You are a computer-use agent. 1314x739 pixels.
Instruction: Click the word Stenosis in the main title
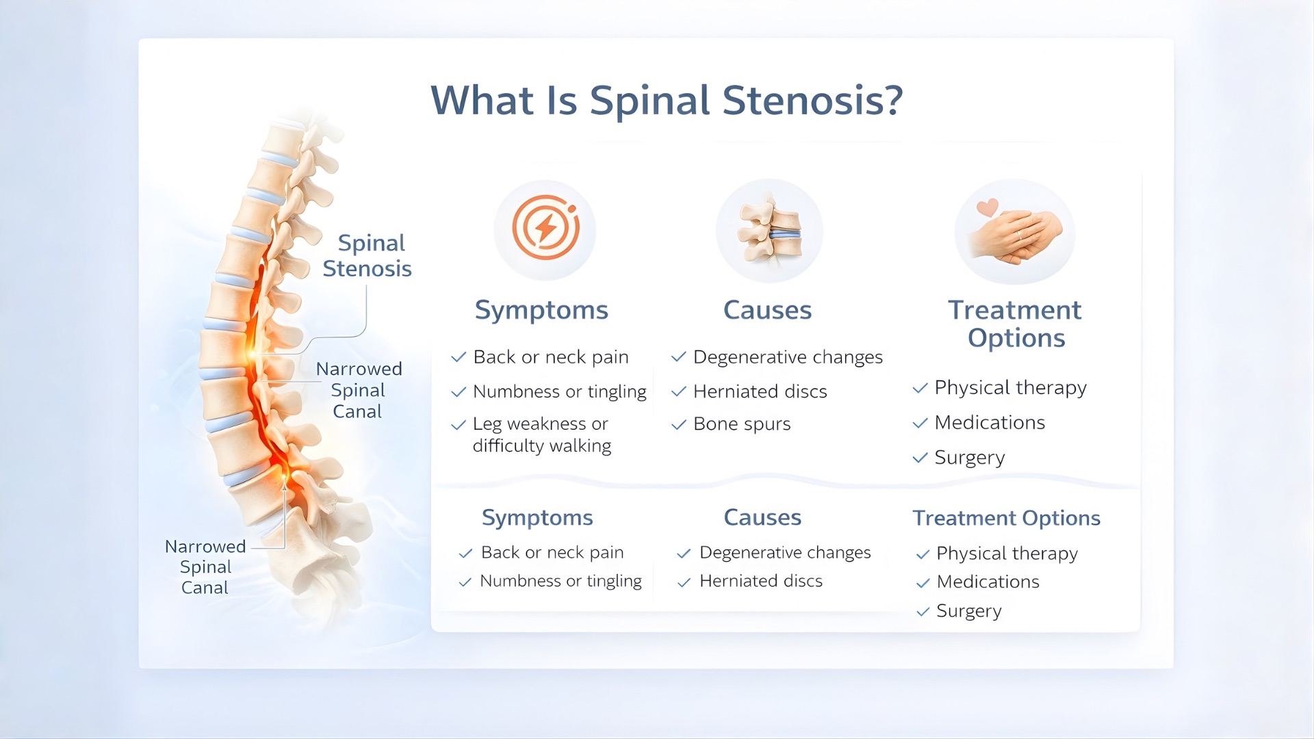click(812, 101)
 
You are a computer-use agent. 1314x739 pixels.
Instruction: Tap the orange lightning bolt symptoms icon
click(545, 229)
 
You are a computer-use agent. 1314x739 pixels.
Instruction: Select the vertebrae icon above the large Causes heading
click(769, 231)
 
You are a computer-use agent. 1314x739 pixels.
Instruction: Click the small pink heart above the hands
click(987, 207)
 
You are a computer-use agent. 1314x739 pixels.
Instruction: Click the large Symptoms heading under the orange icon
click(541, 310)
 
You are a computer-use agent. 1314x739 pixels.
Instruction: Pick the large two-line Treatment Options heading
click(1015, 324)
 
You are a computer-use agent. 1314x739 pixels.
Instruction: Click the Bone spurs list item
click(742, 424)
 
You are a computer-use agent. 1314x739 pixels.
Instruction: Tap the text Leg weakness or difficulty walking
click(541, 435)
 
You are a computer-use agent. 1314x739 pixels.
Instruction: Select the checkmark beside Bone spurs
click(678, 425)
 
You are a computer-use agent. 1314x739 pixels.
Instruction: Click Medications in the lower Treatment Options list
click(988, 582)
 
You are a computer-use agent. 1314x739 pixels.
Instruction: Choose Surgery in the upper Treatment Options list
click(969, 457)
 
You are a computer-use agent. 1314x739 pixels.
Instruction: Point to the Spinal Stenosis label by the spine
click(368, 255)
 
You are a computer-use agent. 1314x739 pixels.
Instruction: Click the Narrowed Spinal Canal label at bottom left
click(205, 567)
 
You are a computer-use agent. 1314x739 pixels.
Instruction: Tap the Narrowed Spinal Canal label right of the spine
click(359, 390)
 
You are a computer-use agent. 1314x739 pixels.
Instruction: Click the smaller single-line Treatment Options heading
click(1006, 518)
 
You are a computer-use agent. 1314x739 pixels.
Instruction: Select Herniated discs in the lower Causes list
click(760, 581)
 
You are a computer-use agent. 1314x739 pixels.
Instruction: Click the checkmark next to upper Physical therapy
click(920, 388)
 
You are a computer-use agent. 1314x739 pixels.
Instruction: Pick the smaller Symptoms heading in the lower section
click(537, 517)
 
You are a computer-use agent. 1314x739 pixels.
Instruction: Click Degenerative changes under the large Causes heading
click(788, 357)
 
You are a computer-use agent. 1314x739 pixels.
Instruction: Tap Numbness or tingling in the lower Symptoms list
click(561, 581)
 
